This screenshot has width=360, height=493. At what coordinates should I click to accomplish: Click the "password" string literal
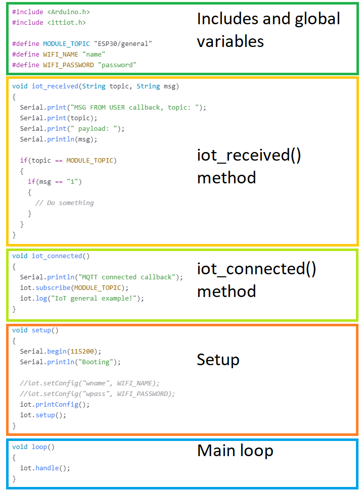click(117, 65)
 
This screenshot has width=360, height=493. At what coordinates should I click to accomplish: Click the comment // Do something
click(64, 203)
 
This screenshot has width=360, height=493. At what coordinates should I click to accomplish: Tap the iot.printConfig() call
click(49, 405)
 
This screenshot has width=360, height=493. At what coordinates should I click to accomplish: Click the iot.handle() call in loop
click(45, 468)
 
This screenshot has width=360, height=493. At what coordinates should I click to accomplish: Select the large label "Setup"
click(218, 360)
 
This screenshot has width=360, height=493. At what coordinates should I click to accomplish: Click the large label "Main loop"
click(235, 451)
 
